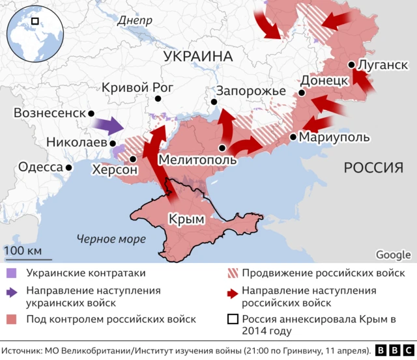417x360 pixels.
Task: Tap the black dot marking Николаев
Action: tap(113, 143)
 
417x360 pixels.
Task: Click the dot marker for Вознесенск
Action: tap(91, 113)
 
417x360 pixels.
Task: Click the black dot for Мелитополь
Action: tap(222, 148)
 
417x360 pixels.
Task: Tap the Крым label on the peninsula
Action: tap(186, 219)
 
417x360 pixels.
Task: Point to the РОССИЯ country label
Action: tap(373, 168)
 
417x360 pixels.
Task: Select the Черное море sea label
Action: tap(111, 239)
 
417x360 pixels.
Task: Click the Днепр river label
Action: tap(135, 21)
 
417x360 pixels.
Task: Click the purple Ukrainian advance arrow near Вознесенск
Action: tap(106, 124)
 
